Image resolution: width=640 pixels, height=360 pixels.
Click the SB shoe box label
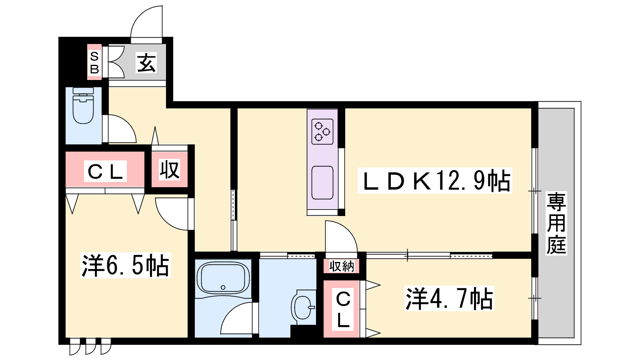94,62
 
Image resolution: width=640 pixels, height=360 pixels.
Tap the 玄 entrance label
146,63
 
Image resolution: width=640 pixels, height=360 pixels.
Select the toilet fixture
83,105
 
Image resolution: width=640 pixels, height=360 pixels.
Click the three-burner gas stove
322,132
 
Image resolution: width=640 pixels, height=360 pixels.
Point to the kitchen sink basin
322,182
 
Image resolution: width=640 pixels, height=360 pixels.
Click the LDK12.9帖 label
435,181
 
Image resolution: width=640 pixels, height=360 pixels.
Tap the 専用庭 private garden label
556,224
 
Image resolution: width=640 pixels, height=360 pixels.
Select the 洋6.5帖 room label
126,266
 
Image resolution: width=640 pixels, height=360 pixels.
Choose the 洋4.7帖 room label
450,299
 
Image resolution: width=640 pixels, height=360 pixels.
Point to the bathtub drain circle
223,287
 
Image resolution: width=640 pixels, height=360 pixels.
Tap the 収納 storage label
342,266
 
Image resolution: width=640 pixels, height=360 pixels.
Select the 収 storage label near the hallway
170,170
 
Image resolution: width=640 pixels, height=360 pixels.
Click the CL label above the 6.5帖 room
106,172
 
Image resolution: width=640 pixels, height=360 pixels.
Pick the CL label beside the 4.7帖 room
343,310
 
